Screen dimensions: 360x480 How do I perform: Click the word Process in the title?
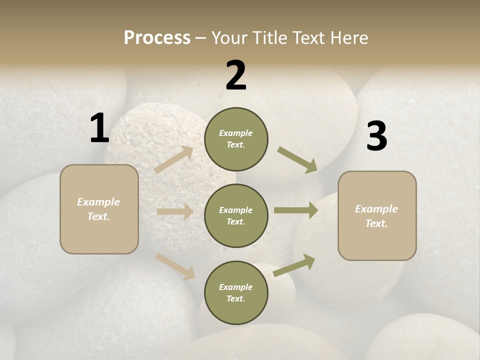(157, 38)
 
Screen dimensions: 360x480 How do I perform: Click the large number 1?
(99, 129)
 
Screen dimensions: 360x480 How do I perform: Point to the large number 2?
(236, 75)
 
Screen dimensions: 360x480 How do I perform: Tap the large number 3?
(376, 136)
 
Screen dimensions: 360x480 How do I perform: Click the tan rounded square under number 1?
(99, 209)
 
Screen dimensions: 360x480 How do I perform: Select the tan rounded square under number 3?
(377, 216)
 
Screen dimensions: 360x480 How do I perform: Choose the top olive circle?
(236, 139)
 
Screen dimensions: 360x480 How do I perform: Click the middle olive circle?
(236, 216)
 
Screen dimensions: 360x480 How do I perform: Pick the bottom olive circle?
(236, 293)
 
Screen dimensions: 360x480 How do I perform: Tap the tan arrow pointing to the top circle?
(174, 159)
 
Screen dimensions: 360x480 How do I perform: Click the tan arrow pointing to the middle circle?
(175, 211)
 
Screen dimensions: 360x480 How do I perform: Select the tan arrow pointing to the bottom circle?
(175, 266)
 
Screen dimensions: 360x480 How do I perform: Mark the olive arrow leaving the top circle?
(297, 160)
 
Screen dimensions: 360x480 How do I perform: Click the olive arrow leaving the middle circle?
(296, 210)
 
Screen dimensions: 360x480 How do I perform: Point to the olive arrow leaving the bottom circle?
(294, 265)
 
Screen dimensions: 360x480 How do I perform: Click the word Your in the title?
(229, 38)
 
